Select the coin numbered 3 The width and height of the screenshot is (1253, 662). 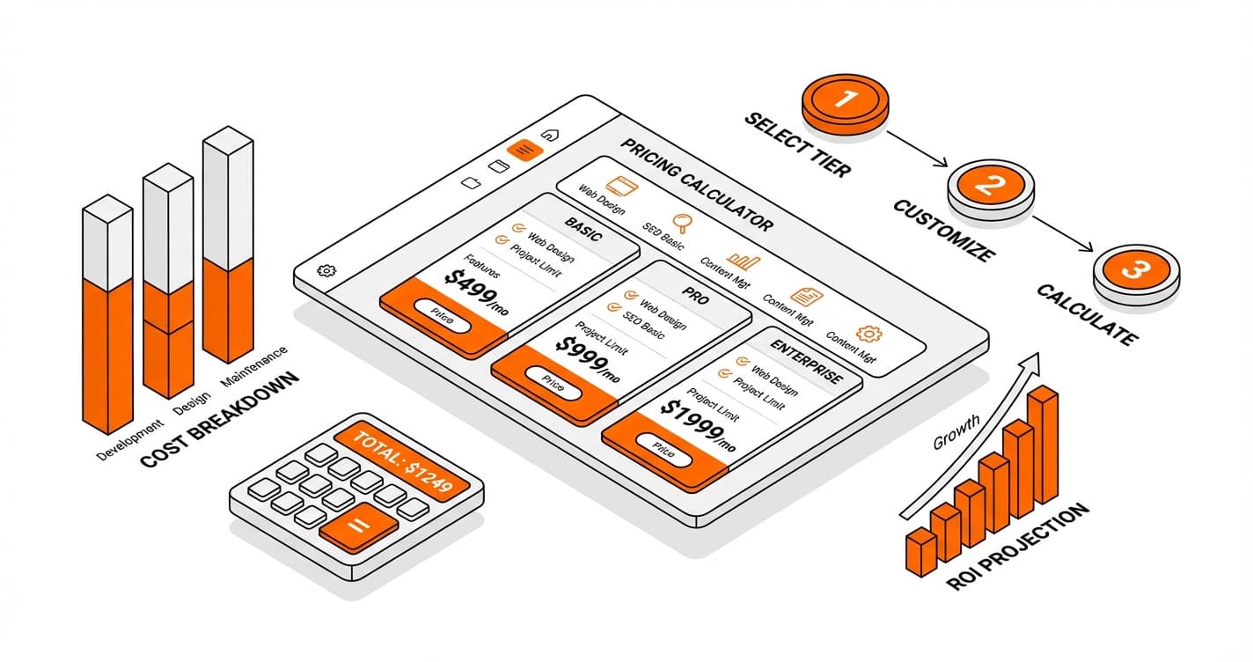point(1136,271)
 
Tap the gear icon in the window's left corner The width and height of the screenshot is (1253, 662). point(325,271)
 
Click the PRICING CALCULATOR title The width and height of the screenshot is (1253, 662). point(696,186)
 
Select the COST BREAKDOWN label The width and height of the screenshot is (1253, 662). point(219,420)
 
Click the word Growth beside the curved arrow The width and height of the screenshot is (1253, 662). point(956,432)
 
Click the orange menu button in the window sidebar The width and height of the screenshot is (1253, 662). point(525,150)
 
